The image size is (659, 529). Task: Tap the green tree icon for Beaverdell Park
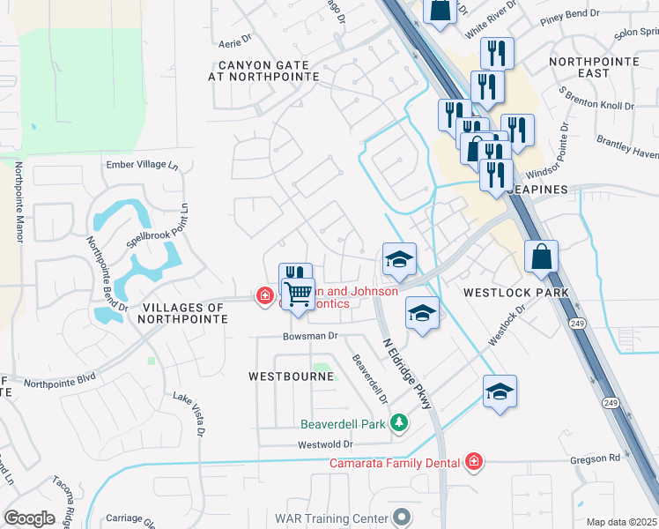399,424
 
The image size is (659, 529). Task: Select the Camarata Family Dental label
396,462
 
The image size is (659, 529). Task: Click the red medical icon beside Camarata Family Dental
473,461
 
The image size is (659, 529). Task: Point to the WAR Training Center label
331,517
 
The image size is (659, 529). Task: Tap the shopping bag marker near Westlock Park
542,257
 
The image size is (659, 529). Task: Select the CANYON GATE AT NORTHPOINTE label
250,71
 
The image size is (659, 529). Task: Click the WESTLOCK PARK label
516,292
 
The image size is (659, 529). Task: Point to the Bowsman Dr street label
310,336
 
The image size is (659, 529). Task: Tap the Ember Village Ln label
142,165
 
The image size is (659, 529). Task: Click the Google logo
29,518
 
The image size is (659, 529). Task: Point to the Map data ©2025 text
620,522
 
